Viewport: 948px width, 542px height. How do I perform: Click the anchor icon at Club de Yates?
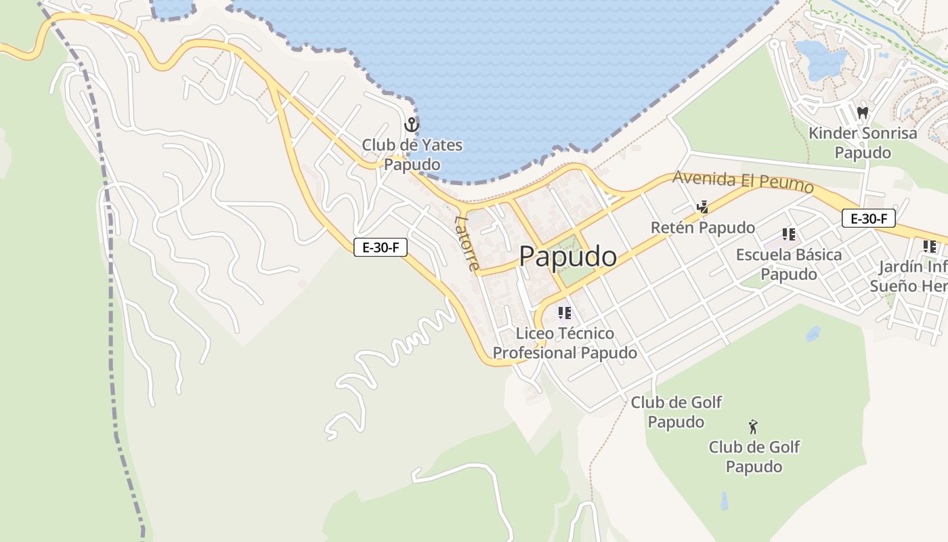[411, 125]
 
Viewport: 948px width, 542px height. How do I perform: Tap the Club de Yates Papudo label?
[412, 154]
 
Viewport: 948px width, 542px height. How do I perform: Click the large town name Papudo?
[568, 257]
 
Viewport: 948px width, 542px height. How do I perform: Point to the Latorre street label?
[468, 243]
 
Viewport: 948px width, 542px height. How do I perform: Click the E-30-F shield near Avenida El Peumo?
[869, 219]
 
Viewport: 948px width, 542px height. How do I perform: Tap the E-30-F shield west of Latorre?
[381, 247]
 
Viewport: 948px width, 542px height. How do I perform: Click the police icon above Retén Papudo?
[703, 207]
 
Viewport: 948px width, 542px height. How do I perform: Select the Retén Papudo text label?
[703, 228]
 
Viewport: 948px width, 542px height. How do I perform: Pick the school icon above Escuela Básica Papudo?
[788, 234]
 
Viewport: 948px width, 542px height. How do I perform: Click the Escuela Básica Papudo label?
[789, 264]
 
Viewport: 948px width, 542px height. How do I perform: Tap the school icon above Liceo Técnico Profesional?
[564, 313]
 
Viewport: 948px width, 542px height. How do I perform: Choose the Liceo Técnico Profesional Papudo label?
[565, 343]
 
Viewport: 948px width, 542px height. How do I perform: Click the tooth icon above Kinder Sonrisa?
[862, 112]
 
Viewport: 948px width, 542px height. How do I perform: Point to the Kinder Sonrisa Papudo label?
[863, 142]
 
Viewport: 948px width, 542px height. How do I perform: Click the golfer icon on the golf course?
[753, 427]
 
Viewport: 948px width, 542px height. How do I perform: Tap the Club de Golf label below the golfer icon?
[754, 457]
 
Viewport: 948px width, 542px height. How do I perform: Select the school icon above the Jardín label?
[930, 247]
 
